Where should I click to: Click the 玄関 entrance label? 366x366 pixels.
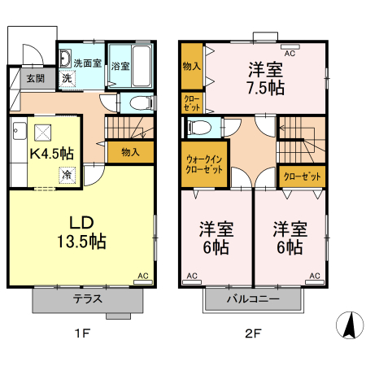coord(35,79)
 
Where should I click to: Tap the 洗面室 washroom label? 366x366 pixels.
coord(87,63)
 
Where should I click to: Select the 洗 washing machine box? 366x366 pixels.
coord(68,78)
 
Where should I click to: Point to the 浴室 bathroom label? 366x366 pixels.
coord(120,64)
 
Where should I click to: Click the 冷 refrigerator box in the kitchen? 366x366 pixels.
coord(64,174)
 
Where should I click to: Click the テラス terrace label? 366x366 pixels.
coord(87,298)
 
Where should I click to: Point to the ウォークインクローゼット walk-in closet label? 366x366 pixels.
coord(204,163)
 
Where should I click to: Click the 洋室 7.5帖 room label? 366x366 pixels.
coord(266,78)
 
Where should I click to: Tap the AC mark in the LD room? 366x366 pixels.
coord(143,277)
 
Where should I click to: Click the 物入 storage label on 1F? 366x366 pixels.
coord(130,151)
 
